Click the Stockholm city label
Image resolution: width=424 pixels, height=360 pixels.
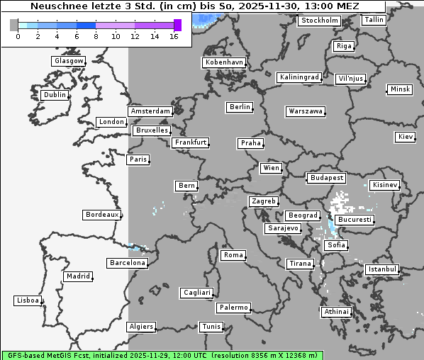click(x=318, y=21)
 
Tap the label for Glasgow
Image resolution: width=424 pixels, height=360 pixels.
click(x=68, y=61)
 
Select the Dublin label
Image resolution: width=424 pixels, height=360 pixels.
click(x=54, y=95)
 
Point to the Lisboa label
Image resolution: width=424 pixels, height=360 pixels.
click(x=27, y=300)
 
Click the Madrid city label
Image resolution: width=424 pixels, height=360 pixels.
click(x=77, y=276)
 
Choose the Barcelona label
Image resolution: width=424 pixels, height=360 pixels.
click(x=127, y=263)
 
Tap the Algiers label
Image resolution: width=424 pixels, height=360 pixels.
click(x=140, y=327)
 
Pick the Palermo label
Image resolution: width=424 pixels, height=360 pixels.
click(x=233, y=308)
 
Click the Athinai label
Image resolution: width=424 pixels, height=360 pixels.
click(x=336, y=312)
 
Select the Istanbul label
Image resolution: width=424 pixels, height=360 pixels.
click(x=382, y=270)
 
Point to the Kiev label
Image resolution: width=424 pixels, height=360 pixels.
click(x=406, y=137)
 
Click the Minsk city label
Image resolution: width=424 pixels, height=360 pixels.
click(x=399, y=89)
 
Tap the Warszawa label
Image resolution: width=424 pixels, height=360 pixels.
click(x=306, y=111)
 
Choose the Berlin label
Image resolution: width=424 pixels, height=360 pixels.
click(x=240, y=107)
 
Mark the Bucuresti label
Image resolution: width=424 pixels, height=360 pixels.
click(x=354, y=220)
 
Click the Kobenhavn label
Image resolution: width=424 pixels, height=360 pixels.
click(x=224, y=62)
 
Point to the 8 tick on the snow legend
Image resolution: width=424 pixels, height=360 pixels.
click(x=95, y=36)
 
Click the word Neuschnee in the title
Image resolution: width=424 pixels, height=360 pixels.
click(x=54, y=6)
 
